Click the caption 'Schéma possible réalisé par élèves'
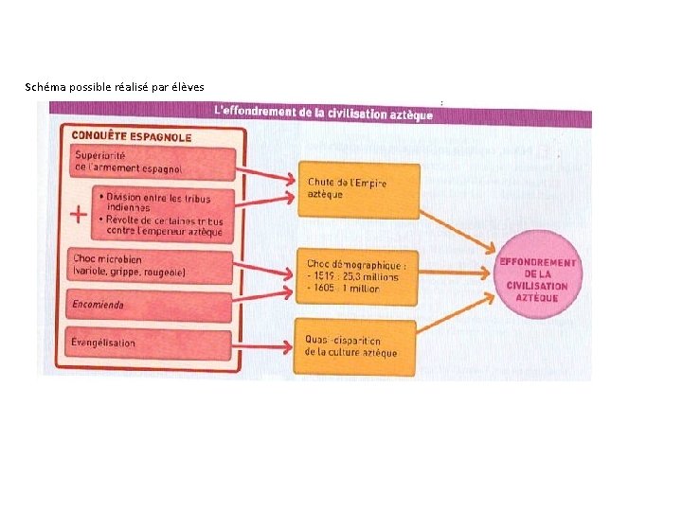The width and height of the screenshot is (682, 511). (115, 87)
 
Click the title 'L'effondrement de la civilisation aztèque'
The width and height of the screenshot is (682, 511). (325, 113)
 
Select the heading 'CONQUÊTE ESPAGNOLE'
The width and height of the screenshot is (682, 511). (132, 136)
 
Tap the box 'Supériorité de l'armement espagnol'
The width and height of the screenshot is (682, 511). (152, 162)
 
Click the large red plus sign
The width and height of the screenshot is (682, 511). (81, 214)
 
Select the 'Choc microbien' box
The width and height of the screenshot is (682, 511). (152, 266)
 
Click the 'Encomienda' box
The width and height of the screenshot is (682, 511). (152, 305)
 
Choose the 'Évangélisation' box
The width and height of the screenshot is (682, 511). (152, 344)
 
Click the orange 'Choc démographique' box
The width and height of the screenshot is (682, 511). (360, 275)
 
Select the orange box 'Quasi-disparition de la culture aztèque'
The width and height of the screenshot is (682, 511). (360, 346)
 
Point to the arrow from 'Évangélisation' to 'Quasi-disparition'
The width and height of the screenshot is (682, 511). (265, 344)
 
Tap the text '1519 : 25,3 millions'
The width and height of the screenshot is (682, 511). (354, 277)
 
